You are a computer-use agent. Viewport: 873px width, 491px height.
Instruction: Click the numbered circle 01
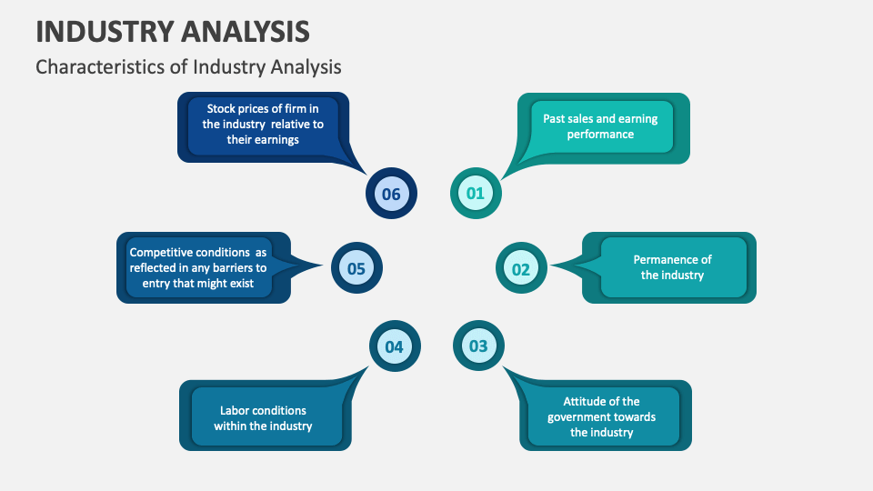pyautogui.click(x=475, y=193)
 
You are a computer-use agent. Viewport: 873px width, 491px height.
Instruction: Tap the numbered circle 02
pyautogui.click(x=520, y=269)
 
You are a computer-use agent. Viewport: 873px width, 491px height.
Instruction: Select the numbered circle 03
pyautogui.click(x=477, y=346)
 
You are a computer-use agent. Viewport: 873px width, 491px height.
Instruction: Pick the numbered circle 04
pyautogui.click(x=394, y=346)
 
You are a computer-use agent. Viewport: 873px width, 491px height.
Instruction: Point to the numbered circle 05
pyautogui.click(x=356, y=268)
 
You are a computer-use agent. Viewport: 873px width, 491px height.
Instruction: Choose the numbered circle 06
pyautogui.click(x=391, y=194)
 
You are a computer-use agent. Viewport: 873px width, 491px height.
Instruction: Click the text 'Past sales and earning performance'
pyautogui.click(x=600, y=126)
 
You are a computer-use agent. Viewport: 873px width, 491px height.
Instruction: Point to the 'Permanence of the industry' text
pyautogui.click(x=672, y=267)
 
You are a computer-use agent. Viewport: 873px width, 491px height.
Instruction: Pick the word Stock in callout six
pyautogui.click(x=223, y=109)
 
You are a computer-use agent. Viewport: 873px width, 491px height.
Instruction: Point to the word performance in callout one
pyautogui.click(x=600, y=134)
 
